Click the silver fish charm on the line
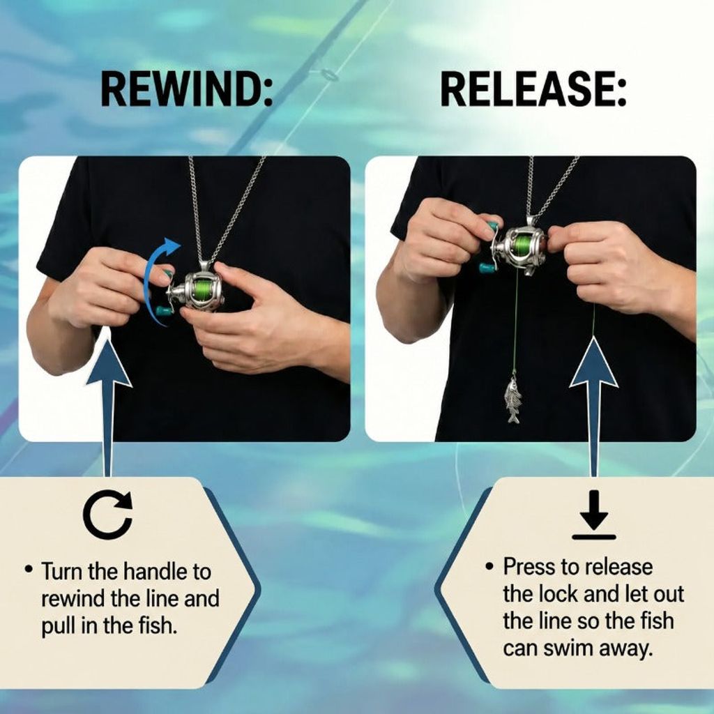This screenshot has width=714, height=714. click(512, 400)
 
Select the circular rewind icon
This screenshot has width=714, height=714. click(108, 515)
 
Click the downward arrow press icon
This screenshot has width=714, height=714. click(594, 515)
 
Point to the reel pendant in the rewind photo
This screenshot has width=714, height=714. click(196, 290)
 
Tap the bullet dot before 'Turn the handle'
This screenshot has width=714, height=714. click(29, 569)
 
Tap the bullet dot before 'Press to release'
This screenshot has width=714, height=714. click(489, 567)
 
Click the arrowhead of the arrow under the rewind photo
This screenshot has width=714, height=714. click(108, 361)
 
